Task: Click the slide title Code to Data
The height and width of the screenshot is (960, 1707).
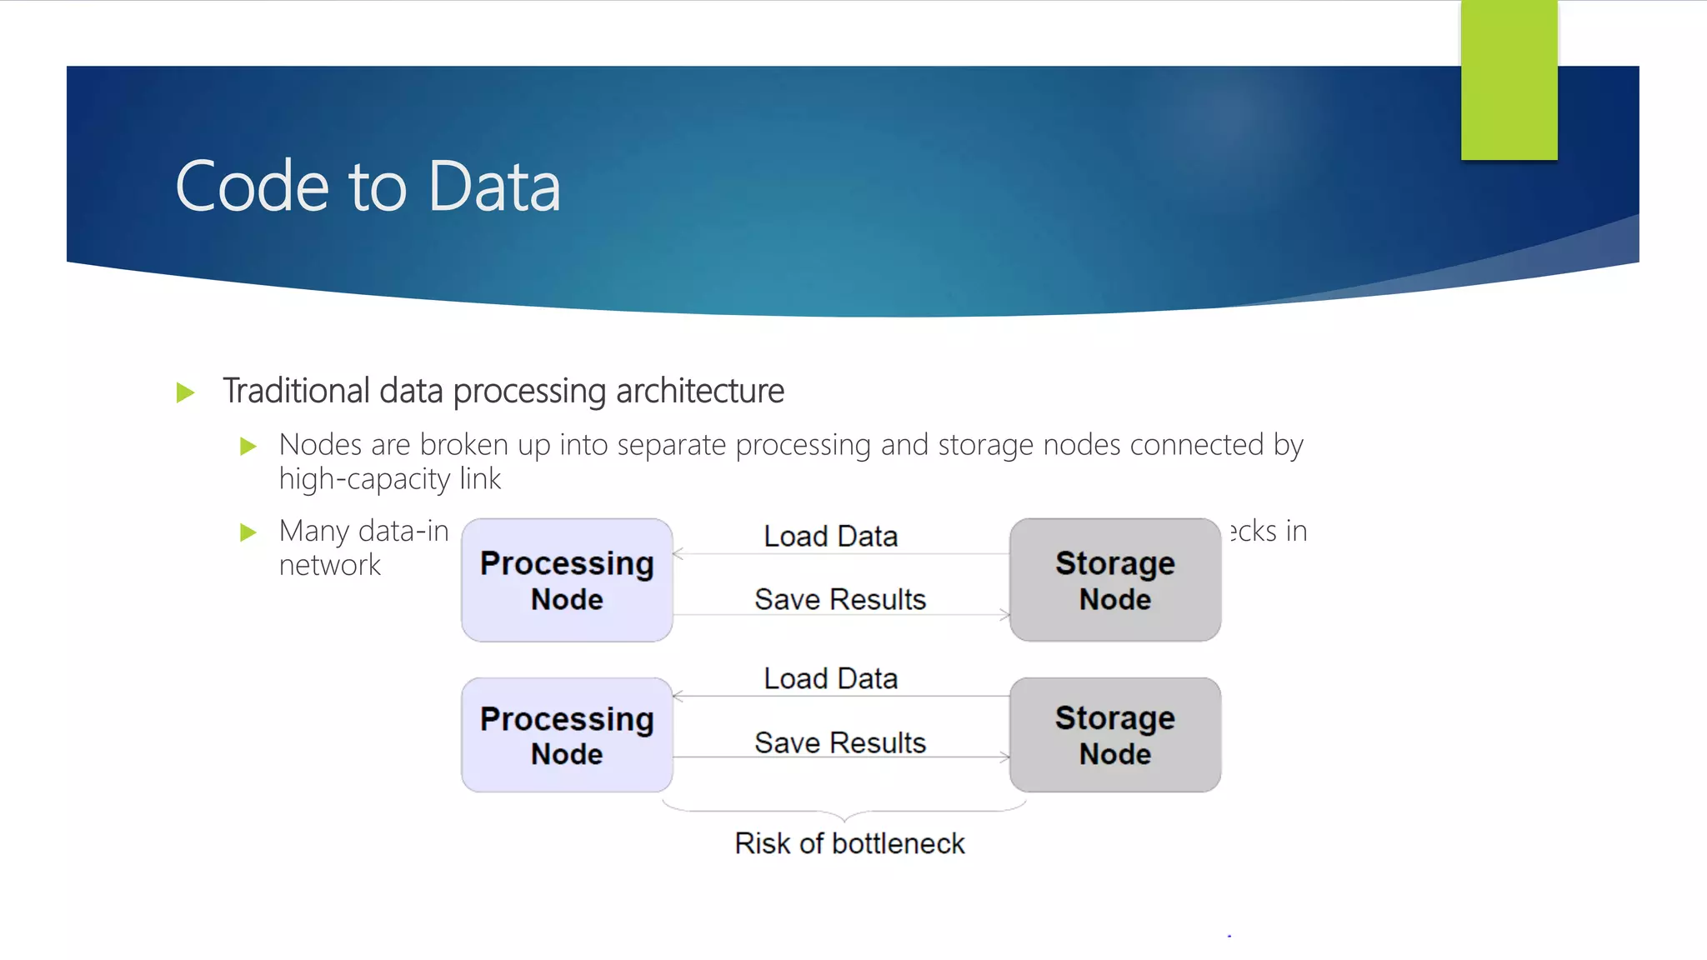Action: click(x=368, y=186)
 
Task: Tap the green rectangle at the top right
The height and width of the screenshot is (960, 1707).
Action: click(x=1509, y=80)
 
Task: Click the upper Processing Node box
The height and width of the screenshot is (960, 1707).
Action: click(x=567, y=580)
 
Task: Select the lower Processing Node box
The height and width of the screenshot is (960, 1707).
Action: click(x=567, y=735)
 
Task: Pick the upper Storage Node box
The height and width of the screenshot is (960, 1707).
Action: click(x=1115, y=580)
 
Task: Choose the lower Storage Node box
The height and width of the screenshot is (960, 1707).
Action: click(x=1115, y=735)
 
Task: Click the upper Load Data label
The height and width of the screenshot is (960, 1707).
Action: click(x=831, y=537)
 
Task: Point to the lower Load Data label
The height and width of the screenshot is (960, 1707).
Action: click(x=831, y=679)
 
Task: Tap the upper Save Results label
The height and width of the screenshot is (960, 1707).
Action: click(x=840, y=600)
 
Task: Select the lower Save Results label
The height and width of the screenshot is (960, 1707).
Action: click(x=840, y=742)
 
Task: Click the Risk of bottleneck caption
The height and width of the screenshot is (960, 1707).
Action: click(x=849, y=844)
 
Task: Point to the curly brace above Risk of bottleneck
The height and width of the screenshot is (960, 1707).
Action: click(x=844, y=812)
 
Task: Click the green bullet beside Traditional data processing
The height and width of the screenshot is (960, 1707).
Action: click(x=186, y=392)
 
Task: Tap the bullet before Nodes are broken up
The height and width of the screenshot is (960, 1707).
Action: click(x=248, y=447)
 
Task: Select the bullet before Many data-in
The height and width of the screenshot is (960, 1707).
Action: click(x=248, y=532)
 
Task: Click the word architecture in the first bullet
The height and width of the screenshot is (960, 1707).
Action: click(x=700, y=391)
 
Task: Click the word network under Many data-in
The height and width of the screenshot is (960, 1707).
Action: click(x=329, y=566)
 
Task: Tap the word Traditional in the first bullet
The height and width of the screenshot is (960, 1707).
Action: click(x=296, y=391)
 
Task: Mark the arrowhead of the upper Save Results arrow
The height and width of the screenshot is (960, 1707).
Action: click(x=1005, y=615)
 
